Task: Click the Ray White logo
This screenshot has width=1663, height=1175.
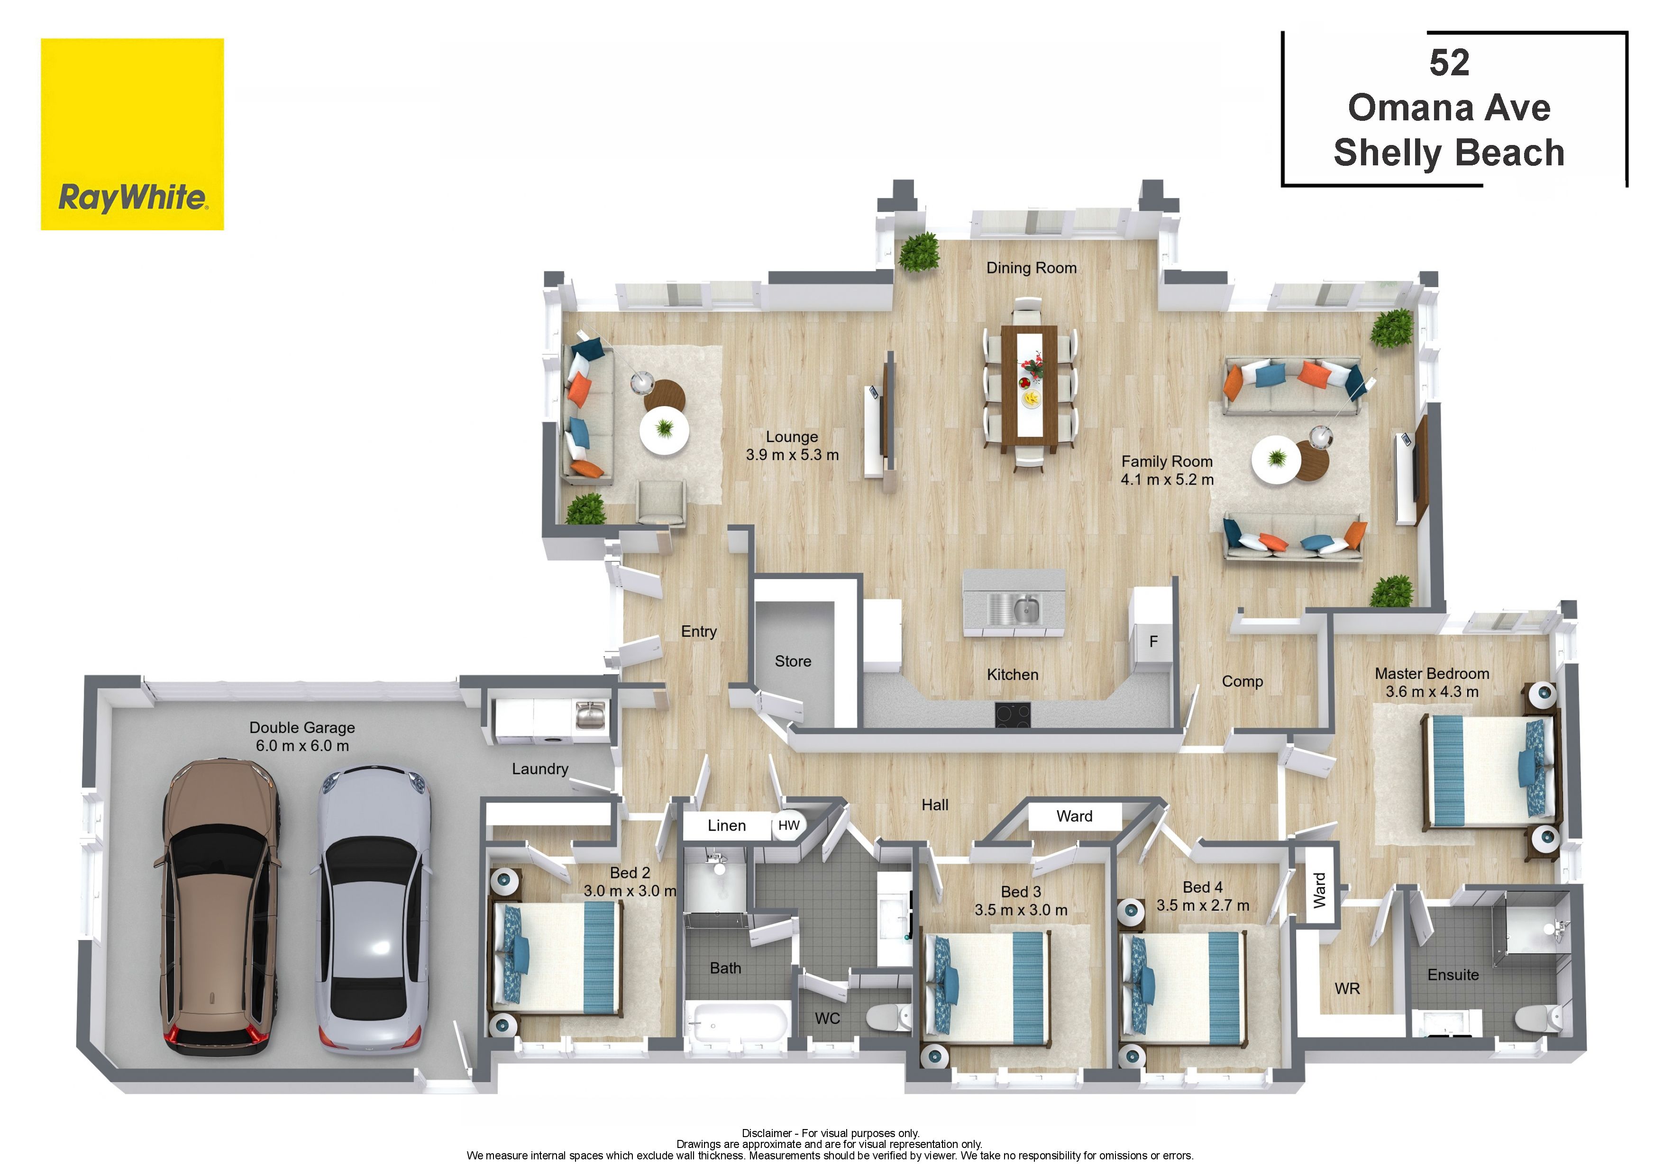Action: coord(132,134)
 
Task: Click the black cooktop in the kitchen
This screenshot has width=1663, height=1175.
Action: coord(1013,714)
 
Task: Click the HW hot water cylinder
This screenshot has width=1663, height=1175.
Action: coord(789,826)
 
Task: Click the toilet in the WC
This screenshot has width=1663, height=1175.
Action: coord(889,1017)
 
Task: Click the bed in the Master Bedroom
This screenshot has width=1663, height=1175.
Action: coord(1489,771)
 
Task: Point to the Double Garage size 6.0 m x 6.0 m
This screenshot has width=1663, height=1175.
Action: coord(302,746)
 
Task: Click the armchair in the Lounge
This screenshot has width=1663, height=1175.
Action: coord(660,502)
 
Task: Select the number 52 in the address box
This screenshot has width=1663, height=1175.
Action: coord(1449,63)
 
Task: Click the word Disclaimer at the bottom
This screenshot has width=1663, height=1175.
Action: coord(767,1133)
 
